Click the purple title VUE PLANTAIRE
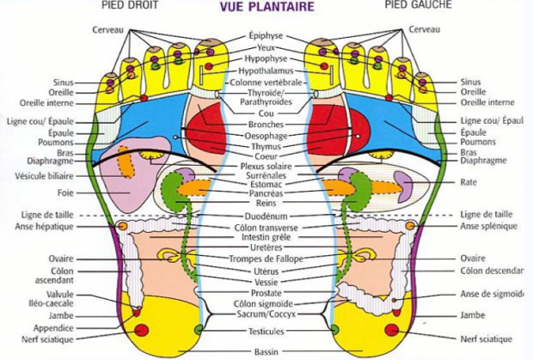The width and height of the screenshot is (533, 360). [x=266, y=7]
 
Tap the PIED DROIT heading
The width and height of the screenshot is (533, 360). [x=130, y=5]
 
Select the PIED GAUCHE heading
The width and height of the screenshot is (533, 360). [x=418, y=4]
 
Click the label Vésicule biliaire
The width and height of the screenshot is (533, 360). [x=44, y=176]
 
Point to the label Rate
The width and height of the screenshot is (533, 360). [x=469, y=182]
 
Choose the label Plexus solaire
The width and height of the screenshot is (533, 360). [x=266, y=167]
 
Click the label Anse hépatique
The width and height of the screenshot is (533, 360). [x=44, y=227]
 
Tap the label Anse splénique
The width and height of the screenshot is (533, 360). [x=489, y=226]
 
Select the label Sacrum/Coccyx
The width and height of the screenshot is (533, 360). [x=266, y=314]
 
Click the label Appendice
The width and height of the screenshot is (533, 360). [x=53, y=328]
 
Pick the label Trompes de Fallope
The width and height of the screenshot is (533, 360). [x=266, y=259]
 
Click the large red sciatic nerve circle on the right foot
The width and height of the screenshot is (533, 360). [x=141, y=330]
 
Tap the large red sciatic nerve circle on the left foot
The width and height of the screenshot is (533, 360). [x=392, y=330]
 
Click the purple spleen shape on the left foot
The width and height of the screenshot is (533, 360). [x=401, y=186]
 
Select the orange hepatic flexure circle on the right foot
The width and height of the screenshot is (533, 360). [x=123, y=226]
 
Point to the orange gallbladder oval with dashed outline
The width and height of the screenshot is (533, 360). [x=126, y=162]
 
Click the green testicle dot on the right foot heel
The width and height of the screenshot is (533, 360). [x=199, y=329]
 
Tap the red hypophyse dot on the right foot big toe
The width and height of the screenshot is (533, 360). [x=209, y=66]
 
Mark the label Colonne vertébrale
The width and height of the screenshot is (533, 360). [x=266, y=82]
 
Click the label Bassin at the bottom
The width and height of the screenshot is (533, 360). [x=266, y=352]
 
